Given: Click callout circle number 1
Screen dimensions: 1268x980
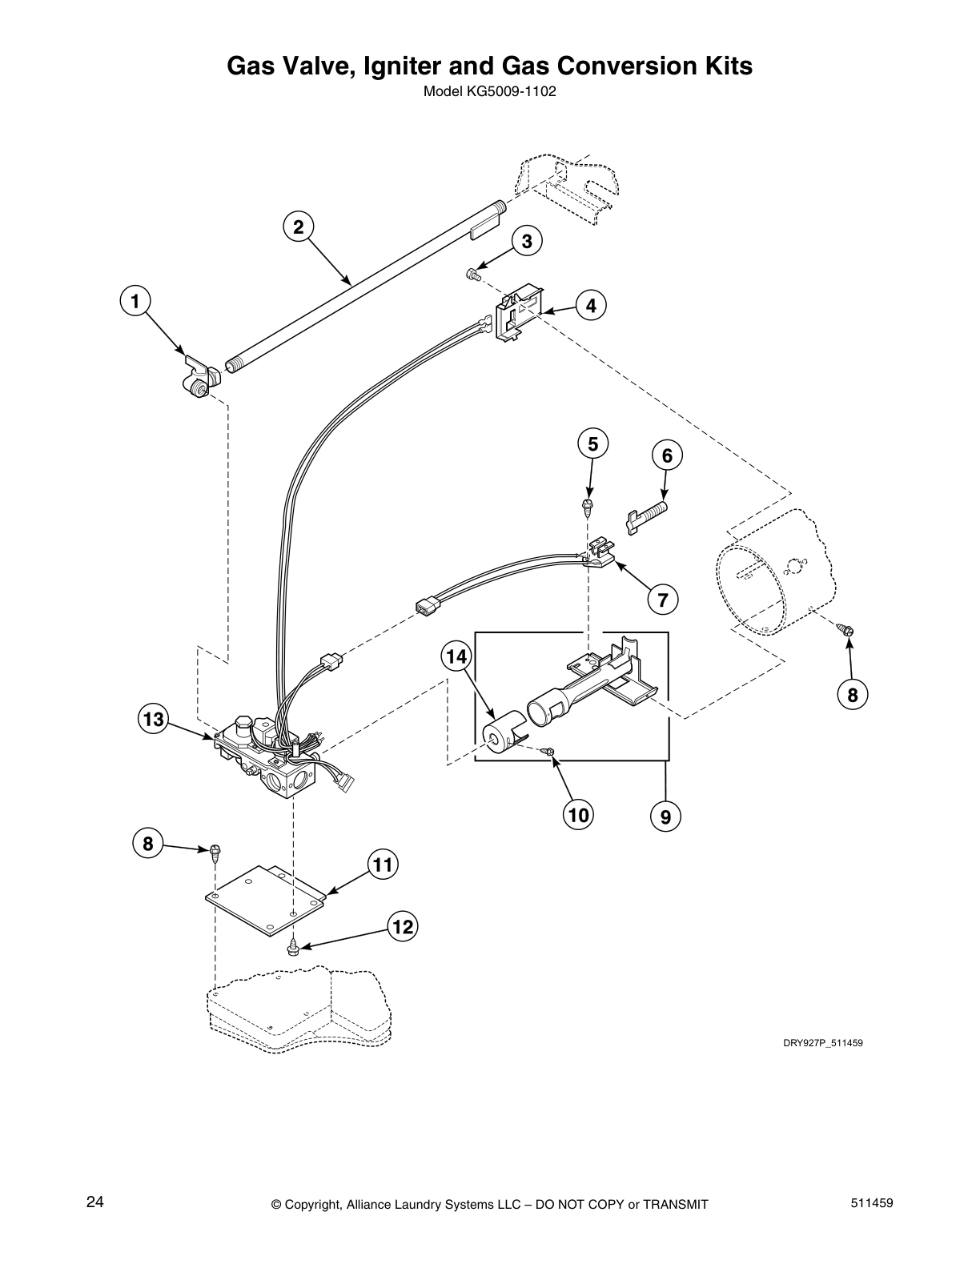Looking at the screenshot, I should (x=135, y=301).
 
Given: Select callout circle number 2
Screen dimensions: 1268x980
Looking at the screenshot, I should (x=298, y=227).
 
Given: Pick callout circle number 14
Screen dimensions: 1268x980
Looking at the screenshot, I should (x=456, y=656).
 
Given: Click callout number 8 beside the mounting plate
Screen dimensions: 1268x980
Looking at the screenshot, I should (x=147, y=842).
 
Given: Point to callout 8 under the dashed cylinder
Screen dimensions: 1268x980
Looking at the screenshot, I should (x=852, y=696).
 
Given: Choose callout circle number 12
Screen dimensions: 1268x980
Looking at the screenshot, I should (x=403, y=927).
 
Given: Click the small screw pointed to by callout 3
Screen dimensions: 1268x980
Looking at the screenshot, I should (x=472, y=275).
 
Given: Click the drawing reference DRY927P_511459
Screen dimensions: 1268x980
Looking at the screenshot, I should (x=822, y=1043).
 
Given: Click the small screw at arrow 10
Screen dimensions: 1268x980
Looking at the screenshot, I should (x=548, y=752).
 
